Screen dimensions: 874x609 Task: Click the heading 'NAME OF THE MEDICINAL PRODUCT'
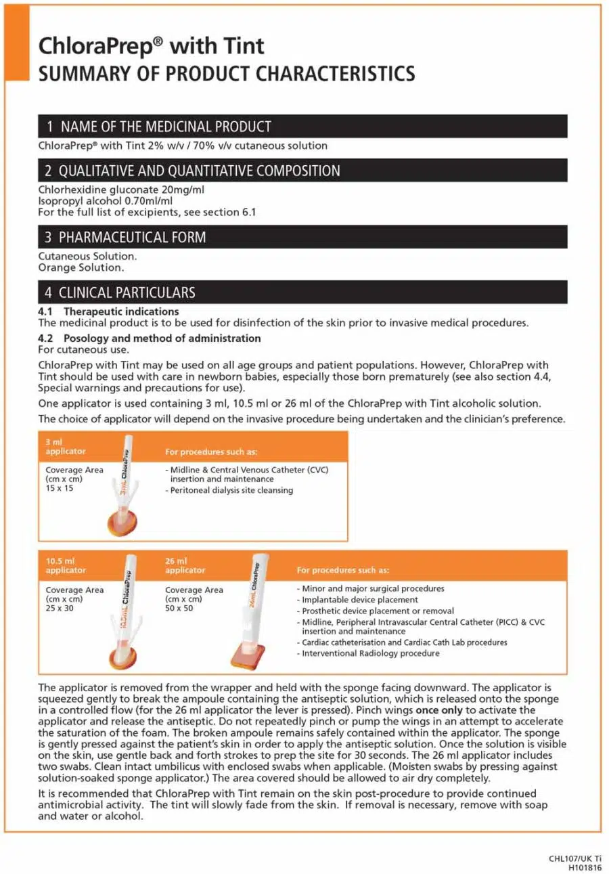[x=166, y=127]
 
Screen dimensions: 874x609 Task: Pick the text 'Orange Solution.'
[x=81, y=267]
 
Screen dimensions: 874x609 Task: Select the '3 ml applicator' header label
[x=66, y=447]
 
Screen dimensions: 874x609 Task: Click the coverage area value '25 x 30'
[x=60, y=608]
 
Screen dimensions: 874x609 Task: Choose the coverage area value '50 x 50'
[x=179, y=608]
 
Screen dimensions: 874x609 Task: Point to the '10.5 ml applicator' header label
[x=66, y=566]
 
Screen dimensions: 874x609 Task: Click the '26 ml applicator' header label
[x=185, y=566]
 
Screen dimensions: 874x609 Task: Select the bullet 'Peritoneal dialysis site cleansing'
[x=231, y=490]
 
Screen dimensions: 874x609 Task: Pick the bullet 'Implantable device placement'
[x=359, y=600]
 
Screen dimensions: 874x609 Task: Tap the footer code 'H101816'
[x=585, y=867]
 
